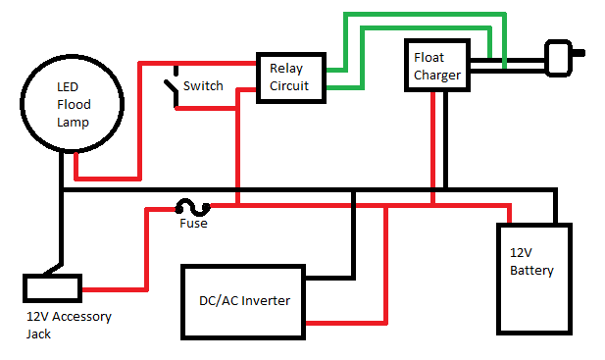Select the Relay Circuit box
pos(289,77)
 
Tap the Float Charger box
pos(436,66)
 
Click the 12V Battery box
pos(533,278)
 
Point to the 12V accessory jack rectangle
pos(52,288)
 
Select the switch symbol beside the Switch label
pos(174,86)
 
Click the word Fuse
pos(193,224)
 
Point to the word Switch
pos(203,86)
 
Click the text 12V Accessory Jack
pos(69,325)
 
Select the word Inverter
pos(266,300)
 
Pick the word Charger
pos(437,75)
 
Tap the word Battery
pos(531,271)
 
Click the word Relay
pos(286,69)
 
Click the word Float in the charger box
pos(429,58)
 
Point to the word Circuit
pos(289,85)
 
